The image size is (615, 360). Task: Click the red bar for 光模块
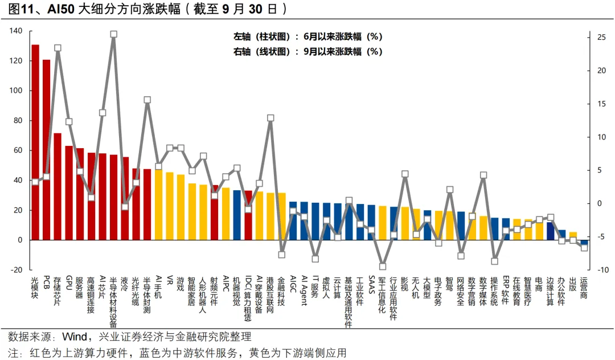tap(35, 142)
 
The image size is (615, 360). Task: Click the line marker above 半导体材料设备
tap(113, 34)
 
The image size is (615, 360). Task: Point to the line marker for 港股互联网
tap(270, 118)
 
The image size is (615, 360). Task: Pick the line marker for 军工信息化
tap(383, 266)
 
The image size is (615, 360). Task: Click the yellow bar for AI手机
tap(158, 204)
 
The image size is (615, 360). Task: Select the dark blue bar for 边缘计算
tap(550, 231)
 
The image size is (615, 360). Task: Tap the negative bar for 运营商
tap(584, 242)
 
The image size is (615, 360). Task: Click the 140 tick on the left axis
tap(15, 31)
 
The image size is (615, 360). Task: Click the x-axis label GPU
tap(69, 283)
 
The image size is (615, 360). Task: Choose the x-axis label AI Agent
tap(304, 291)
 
